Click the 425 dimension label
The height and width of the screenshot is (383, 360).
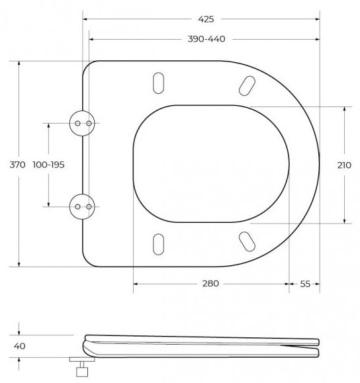206,19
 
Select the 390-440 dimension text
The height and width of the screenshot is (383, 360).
206,39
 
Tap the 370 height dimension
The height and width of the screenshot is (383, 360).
17,165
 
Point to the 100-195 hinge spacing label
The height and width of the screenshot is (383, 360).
48,165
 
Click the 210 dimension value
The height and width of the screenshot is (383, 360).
344,165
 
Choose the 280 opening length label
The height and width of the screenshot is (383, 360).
210,284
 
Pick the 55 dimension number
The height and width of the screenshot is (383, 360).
305,284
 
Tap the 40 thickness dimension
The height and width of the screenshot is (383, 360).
20,346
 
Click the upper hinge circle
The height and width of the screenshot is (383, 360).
82,123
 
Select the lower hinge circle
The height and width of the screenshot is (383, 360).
82,206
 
